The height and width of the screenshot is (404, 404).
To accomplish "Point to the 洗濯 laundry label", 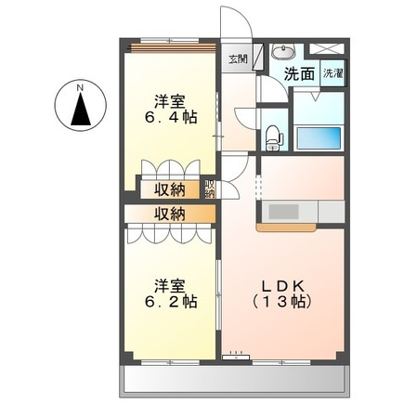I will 332,72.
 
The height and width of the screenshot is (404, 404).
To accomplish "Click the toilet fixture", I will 272,137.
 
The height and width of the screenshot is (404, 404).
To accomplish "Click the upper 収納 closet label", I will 169,189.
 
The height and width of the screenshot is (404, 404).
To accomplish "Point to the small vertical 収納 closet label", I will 210,189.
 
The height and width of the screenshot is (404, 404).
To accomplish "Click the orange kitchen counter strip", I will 288,227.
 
